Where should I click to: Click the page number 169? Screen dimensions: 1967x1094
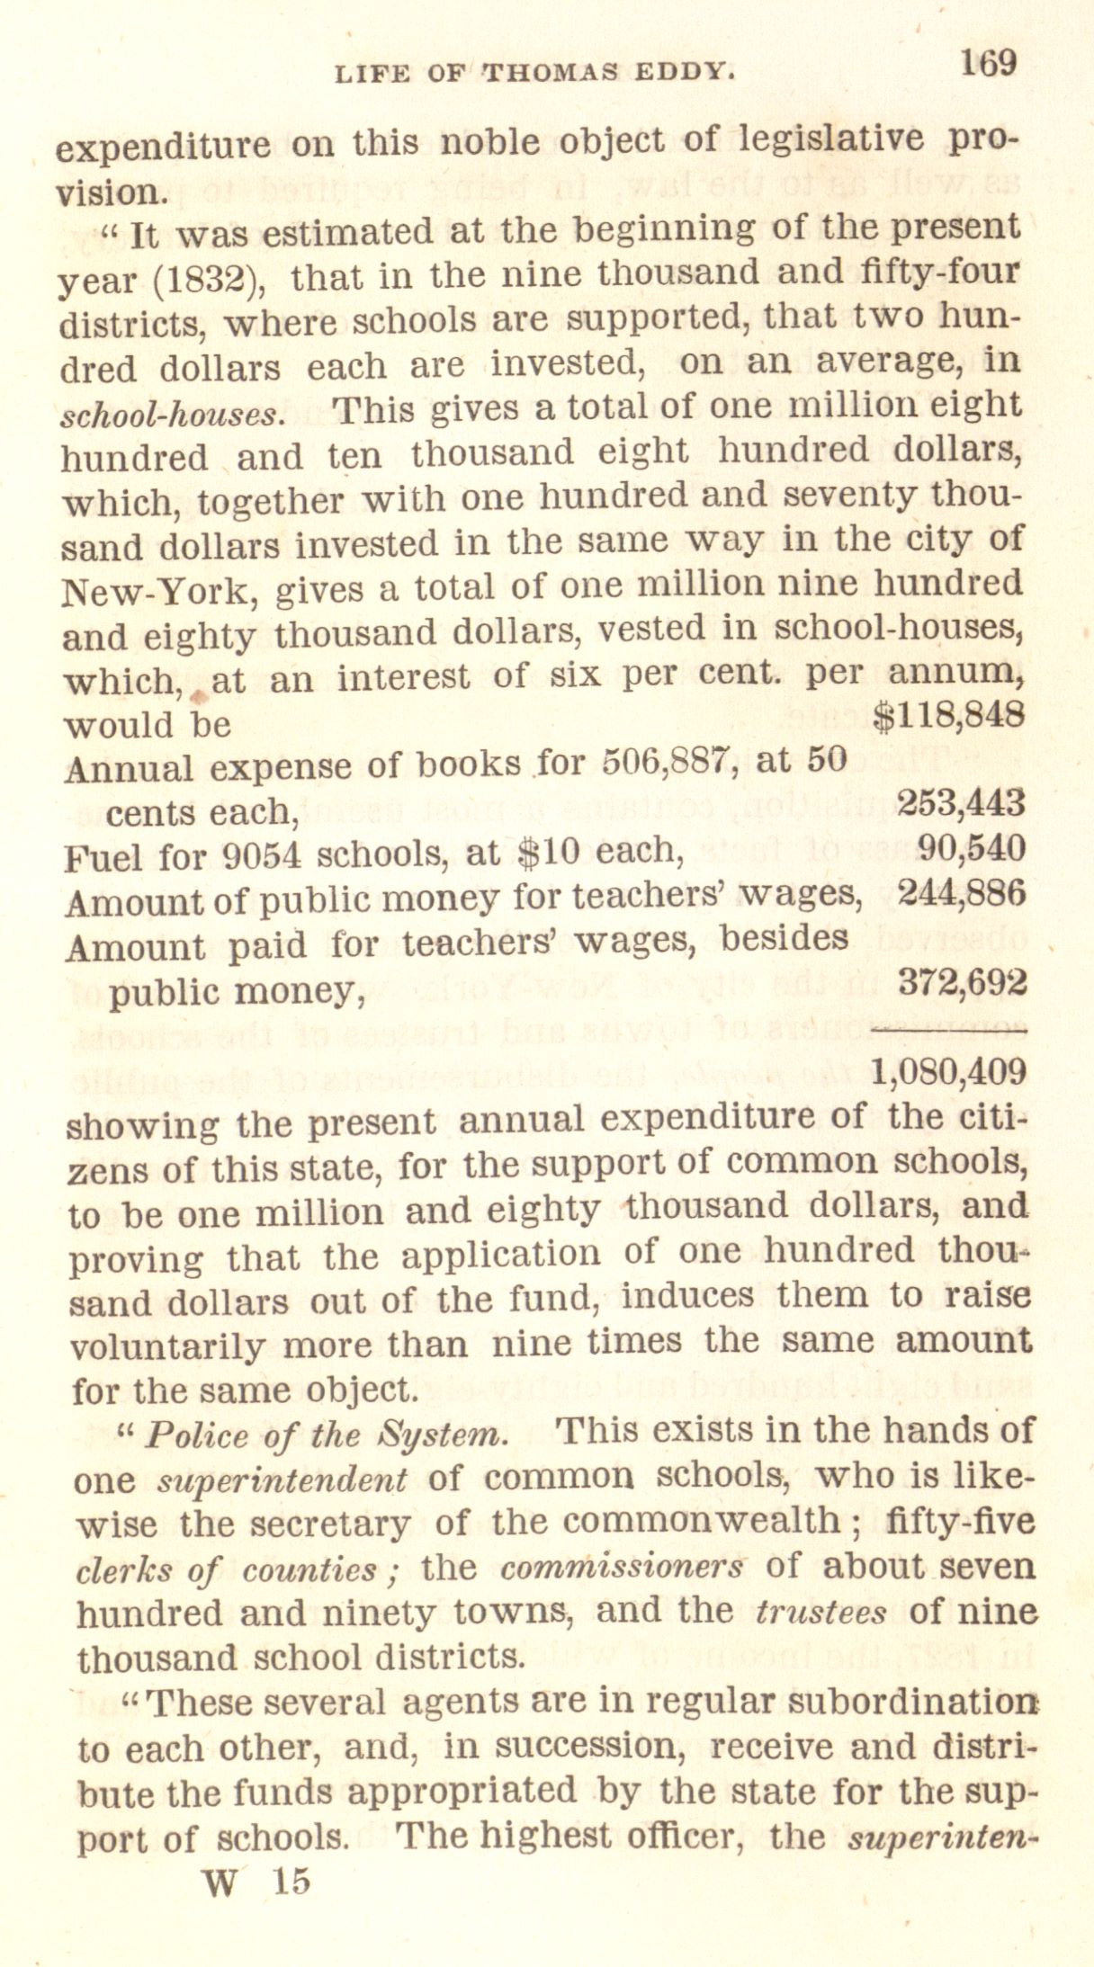(988, 65)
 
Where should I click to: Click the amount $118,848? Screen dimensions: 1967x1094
(950, 714)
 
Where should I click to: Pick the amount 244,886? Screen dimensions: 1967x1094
(962, 893)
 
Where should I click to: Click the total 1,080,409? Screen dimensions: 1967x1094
(948, 1071)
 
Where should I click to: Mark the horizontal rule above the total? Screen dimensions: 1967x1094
(948, 1027)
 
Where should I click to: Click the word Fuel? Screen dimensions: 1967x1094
(103, 857)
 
